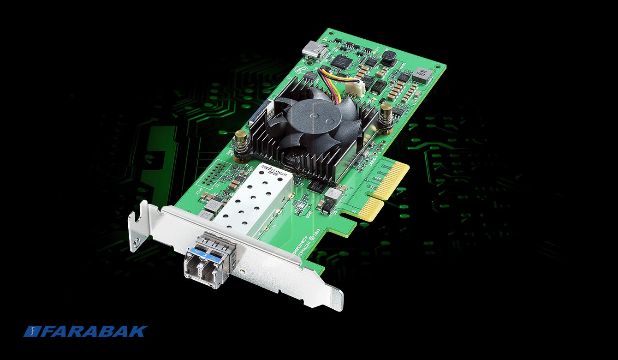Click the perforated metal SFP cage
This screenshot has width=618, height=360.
pyautogui.click(x=254, y=198)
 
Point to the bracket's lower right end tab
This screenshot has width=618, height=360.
pyautogui.click(x=336, y=295)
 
